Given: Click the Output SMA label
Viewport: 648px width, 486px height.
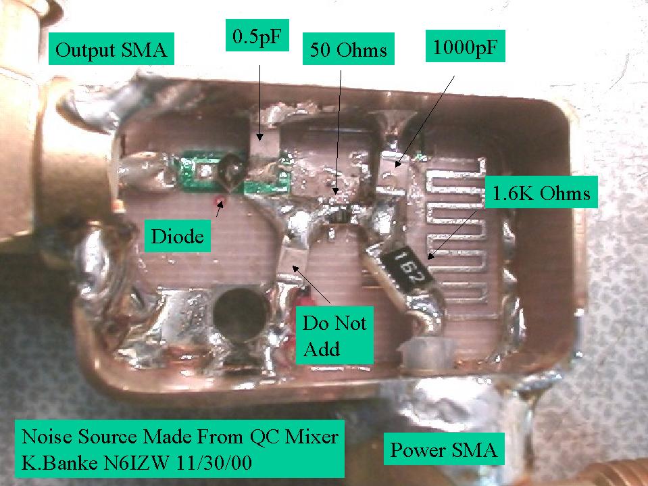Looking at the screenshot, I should pos(111,51).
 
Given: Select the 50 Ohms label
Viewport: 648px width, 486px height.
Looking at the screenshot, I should pos(349,49).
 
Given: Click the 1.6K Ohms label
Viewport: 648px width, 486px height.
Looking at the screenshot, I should pos(541,194).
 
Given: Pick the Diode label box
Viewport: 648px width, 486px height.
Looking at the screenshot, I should pos(176,236).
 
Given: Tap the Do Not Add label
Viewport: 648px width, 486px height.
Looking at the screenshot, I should pos(334,336).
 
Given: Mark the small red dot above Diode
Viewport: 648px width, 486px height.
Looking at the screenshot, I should pos(219,201).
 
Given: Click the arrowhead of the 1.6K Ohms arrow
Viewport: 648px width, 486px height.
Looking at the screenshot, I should pos(428,257).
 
